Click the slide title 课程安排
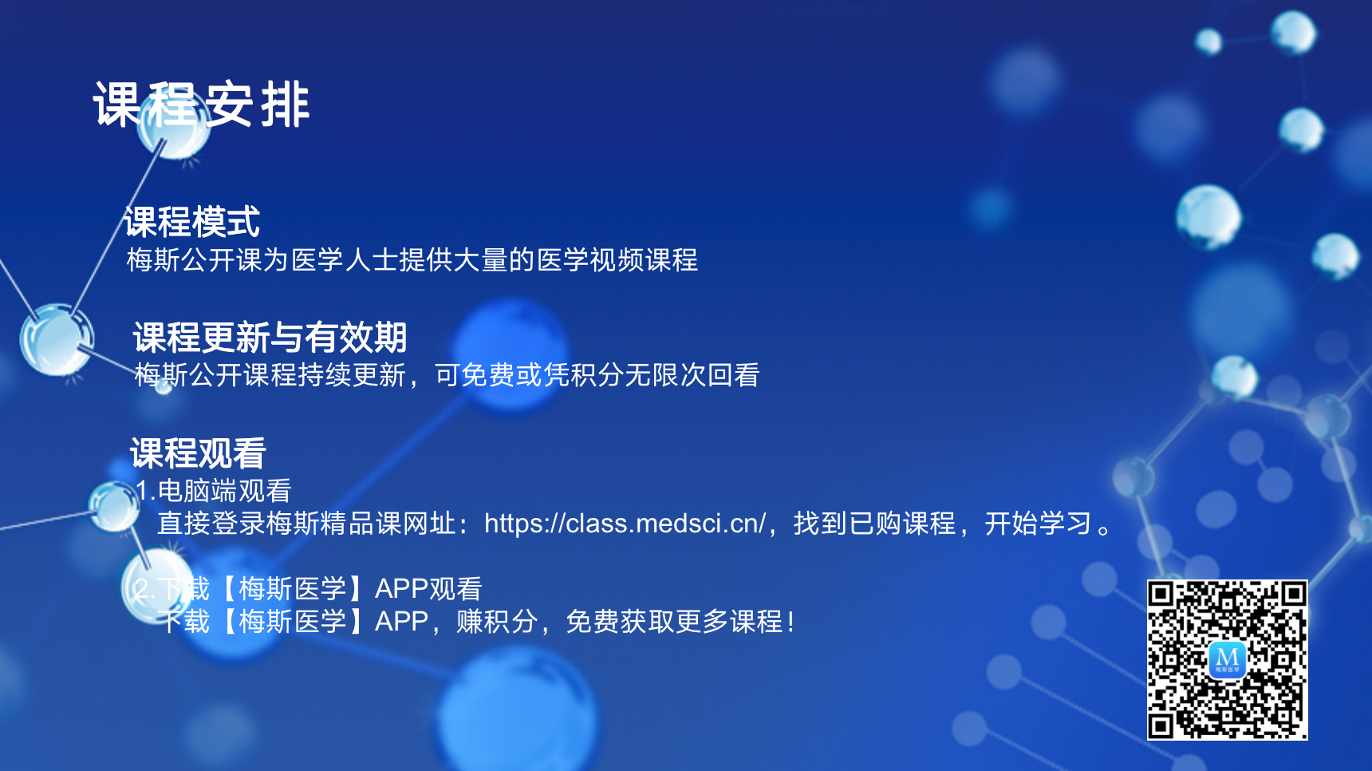pyautogui.click(x=201, y=105)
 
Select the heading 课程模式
pyautogui.click(x=192, y=222)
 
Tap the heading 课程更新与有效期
pyautogui.click(x=270, y=338)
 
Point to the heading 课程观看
pyautogui.click(x=198, y=453)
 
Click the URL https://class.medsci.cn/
pyautogui.click(x=625, y=523)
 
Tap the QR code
pyautogui.click(x=1227, y=660)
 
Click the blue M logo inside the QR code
pyautogui.click(x=1228, y=659)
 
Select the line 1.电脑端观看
pyautogui.click(x=213, y=490)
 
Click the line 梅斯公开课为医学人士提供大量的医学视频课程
pyautogui.click(x=412, y=259)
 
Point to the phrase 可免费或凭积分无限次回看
pyautogui.click(x=597, y=374)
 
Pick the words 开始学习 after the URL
pyautogui.click(x=1038, y=523)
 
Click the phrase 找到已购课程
pyautogui.click(x=874, y=523)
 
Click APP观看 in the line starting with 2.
pyautogui.click(x=428, y=588)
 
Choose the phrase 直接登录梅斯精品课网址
pyautogui.click(x=306, y=523)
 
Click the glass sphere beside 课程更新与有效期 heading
pyautogui.click(x=57, y=339)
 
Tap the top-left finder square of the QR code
pyautogui.click(x=1161, y=593)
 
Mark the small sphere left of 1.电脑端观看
pyautogui.click(x=114, y=506)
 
